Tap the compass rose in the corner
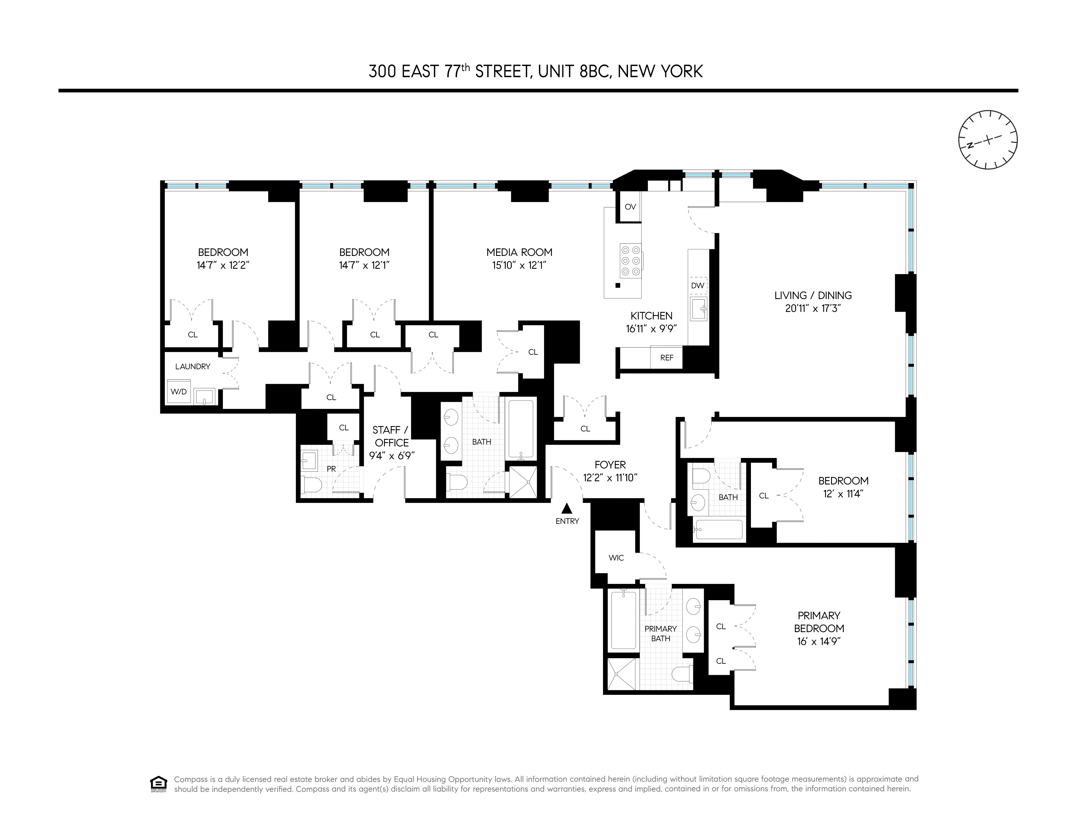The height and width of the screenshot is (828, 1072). (x=988, y=140)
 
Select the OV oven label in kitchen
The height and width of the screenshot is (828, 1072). (x=630, y=207)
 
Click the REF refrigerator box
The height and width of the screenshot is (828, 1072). (x=667, y=357)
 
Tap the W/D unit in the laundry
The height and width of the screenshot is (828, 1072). (x=179, y=391)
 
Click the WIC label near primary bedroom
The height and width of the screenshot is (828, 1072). (x=616, y=558)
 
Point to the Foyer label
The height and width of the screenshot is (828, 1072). (x=610, y=464)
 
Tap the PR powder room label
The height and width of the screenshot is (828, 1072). (x=331, y=469)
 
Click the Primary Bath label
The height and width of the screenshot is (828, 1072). (x=661, y=633)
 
